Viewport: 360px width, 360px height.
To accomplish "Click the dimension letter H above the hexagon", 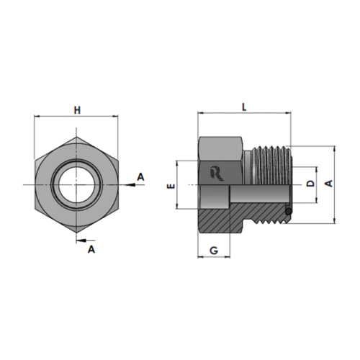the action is (x=77, y=110).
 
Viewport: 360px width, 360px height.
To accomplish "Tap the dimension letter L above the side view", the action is (x=244, y=107).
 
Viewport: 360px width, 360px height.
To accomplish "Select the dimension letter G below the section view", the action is (x=214, y=251).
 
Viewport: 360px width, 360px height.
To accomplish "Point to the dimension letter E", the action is (x=171, y=186).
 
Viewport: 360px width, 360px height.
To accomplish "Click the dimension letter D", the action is (x=310, y=184).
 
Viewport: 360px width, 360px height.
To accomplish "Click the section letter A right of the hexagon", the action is (x=140, y=177).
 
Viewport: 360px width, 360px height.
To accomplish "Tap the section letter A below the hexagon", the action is (x=91, y=249).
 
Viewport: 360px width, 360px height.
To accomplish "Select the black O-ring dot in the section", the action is (x=289, y=211).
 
